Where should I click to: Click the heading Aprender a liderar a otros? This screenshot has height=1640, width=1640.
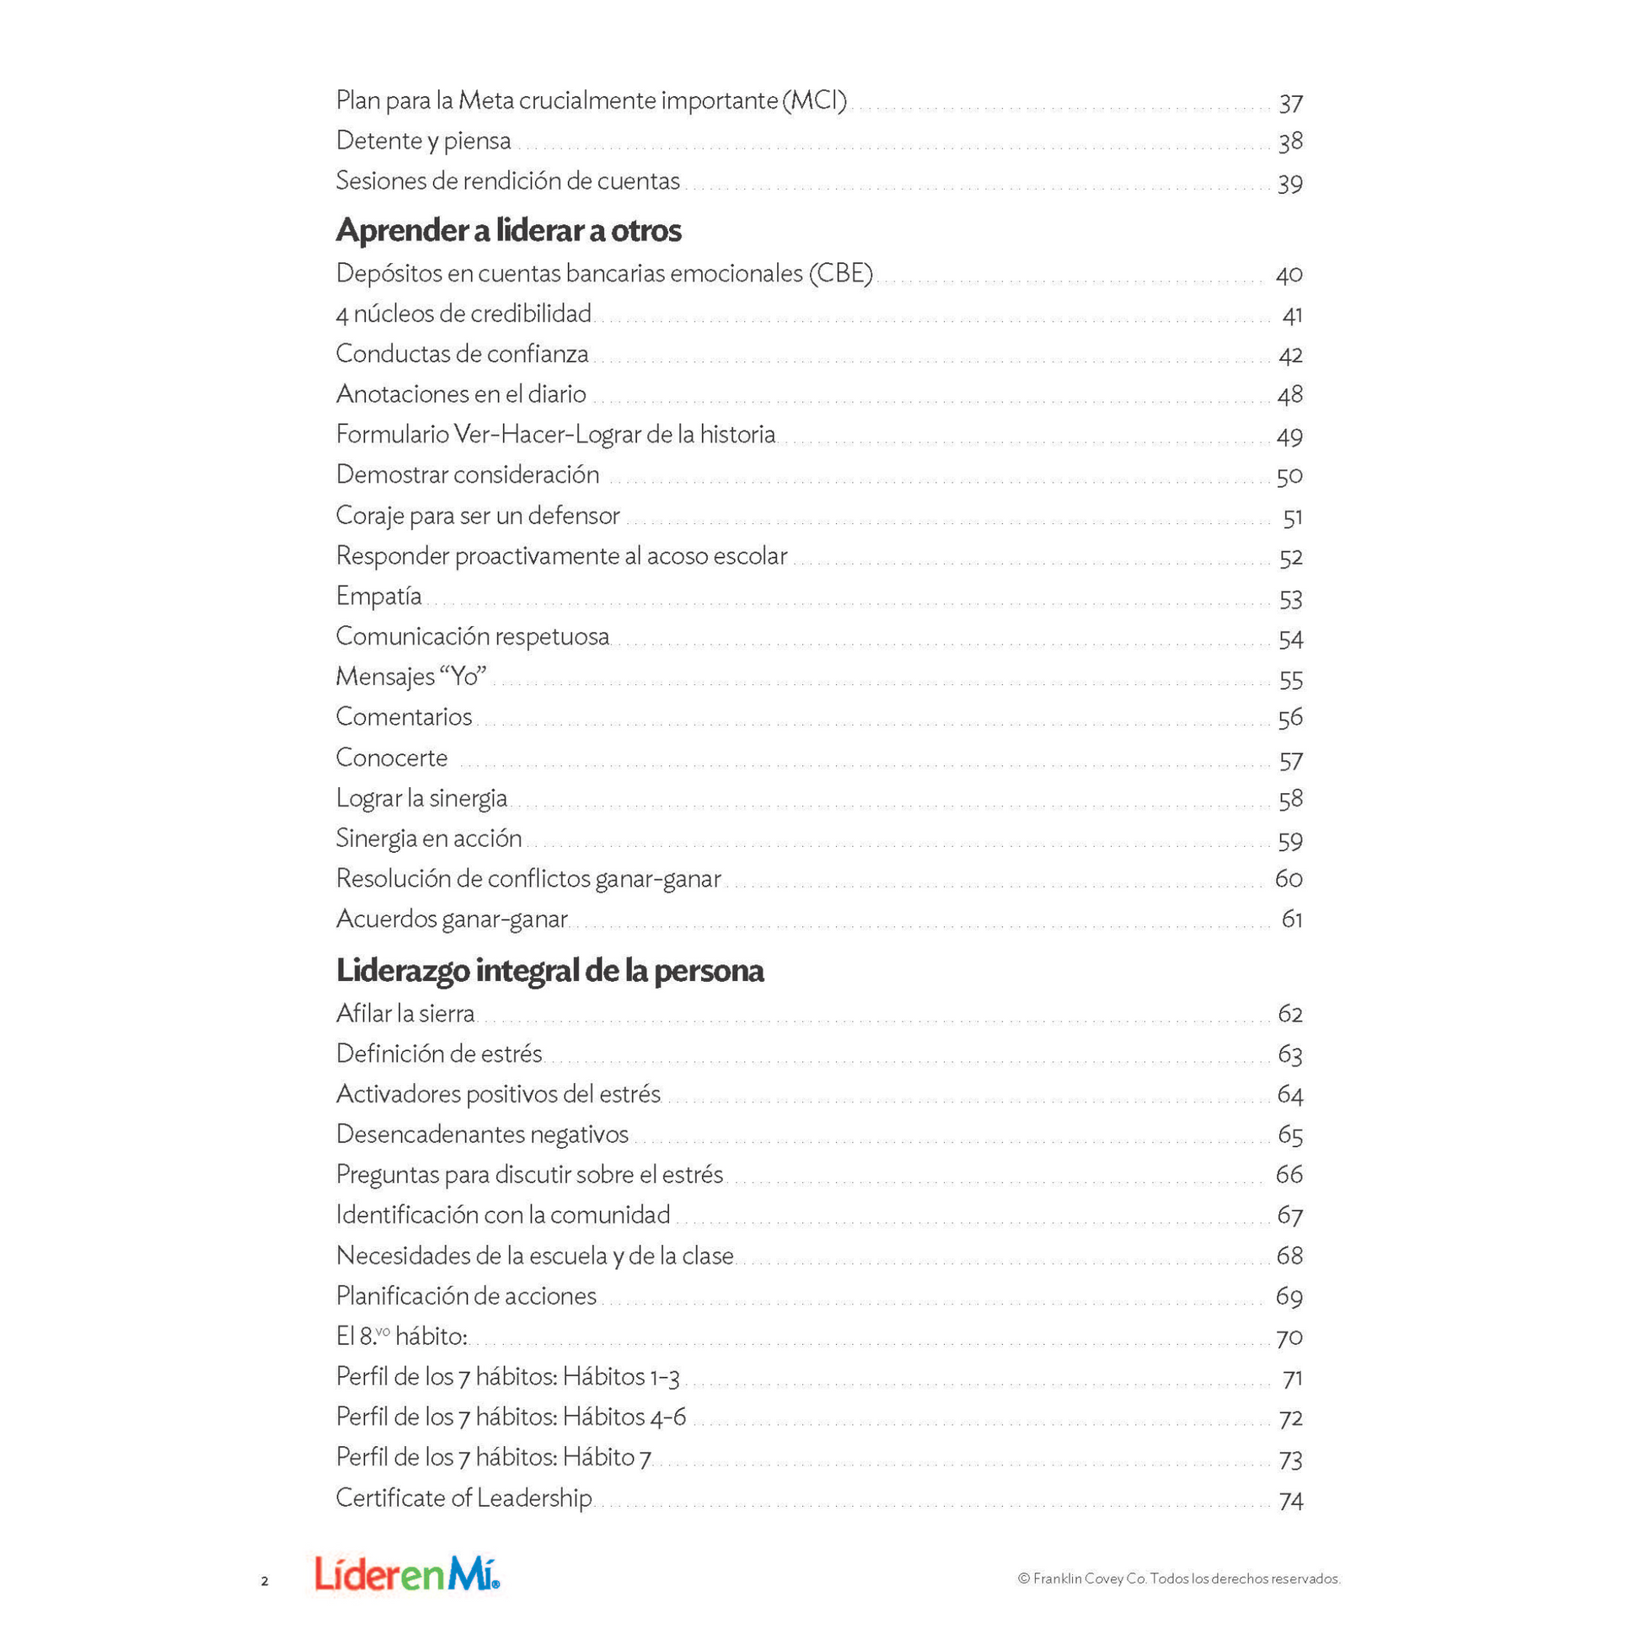[x=508, y=230]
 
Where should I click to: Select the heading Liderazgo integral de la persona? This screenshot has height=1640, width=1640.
[x=550, y=970]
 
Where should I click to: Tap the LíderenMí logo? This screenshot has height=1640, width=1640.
[x=407, y=1573]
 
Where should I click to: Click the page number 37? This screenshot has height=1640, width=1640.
[x=1290, y=104]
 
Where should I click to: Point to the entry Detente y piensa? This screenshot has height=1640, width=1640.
[x=424, y=141]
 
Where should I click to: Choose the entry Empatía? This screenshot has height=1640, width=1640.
[x=378, y=596]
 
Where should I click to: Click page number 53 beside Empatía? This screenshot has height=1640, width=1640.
[x=1290, y=599]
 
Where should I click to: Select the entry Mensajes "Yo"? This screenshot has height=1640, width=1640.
[x=411, y=677]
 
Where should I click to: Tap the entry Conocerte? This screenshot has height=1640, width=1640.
[x=391, y=757]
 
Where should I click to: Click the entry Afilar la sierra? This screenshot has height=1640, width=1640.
[x=405, y=1014]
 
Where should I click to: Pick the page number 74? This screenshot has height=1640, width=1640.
[x=1290, y=1501]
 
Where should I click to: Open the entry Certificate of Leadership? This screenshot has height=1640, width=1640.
[x=464, y=1498]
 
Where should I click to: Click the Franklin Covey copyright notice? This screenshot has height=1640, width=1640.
[x=1178, y=1578]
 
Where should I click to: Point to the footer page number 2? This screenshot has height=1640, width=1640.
[x=265, y=1580]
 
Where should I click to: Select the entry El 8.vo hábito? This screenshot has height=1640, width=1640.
[x=401, y=1336]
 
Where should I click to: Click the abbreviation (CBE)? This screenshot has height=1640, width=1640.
[x=840, y=273]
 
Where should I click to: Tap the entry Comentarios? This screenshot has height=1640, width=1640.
[x=404, y=716]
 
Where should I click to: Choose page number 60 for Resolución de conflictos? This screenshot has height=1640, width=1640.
[x=1289, y=878]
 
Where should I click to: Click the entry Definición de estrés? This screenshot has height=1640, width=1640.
[x=439, y=1053]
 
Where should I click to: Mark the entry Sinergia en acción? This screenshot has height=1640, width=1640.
[x=429, y=838]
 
